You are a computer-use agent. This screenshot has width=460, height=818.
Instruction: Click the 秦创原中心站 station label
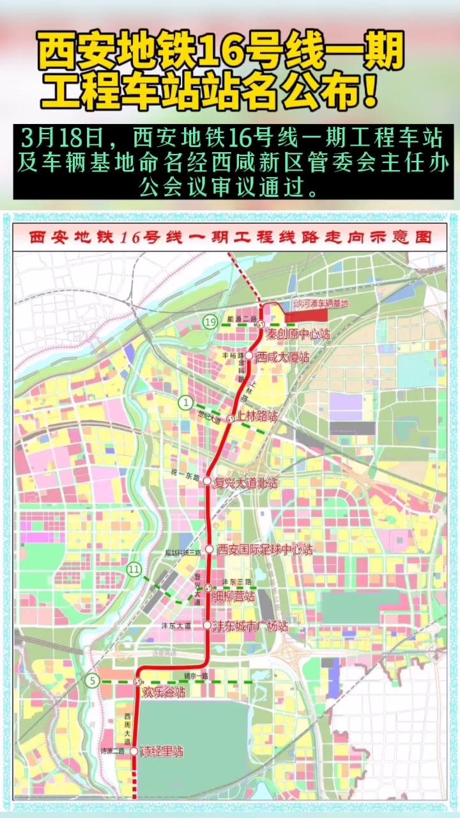[298, 334]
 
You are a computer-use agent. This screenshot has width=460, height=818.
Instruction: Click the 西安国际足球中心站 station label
[265, 549]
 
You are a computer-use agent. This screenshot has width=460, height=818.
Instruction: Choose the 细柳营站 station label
[234, 596]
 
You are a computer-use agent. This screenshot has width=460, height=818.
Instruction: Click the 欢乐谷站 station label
[164, 692]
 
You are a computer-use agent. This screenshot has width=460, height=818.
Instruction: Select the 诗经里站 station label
[162, 752]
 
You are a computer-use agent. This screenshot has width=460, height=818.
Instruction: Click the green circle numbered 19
[211, 322]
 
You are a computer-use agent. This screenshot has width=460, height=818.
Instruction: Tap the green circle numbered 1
[186, 402]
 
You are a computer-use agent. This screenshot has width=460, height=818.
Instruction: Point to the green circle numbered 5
[93, 681]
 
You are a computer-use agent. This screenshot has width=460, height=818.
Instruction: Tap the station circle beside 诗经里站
[134, 752]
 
